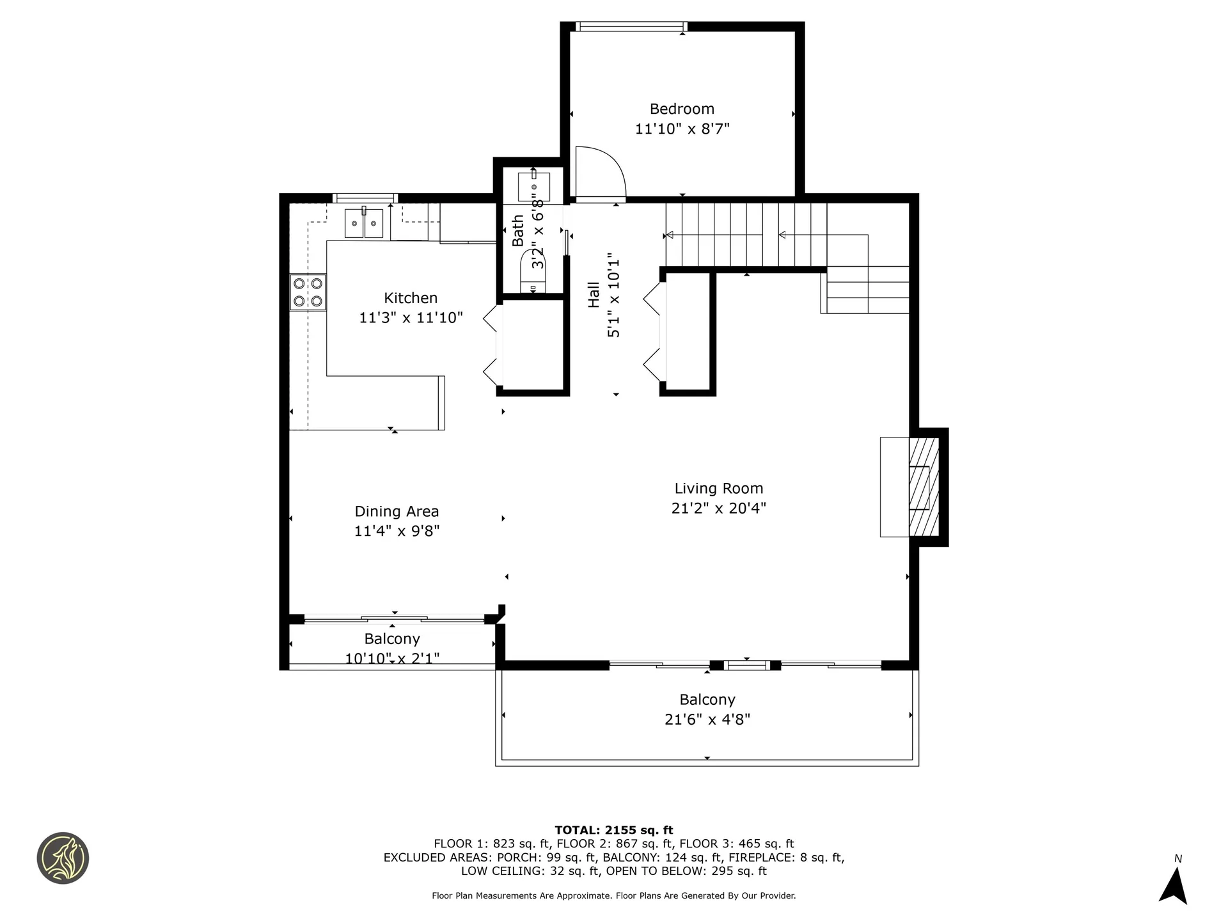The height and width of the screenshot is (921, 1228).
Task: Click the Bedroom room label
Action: [682, 109]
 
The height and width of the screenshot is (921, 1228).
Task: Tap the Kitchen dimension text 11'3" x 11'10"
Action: [411, 318]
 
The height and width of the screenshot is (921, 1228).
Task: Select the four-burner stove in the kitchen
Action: [308, 292]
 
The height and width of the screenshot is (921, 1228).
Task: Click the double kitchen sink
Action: [364, 224]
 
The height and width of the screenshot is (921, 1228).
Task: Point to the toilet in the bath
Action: [533, 272]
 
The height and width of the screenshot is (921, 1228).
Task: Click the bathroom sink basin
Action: [533, 186]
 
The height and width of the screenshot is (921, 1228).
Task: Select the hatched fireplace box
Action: [924, 487]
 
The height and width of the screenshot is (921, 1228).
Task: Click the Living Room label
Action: [719, 489]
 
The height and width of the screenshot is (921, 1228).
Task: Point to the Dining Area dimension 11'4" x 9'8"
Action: [397, 531]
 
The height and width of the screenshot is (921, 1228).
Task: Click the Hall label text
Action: [594, 295]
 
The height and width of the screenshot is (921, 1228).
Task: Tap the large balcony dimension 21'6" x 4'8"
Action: [707, 720]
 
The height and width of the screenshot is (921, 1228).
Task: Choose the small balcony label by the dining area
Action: [392, 639]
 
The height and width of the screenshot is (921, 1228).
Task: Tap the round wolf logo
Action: [63, 858]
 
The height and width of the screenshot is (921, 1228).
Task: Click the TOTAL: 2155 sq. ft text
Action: [614, 830]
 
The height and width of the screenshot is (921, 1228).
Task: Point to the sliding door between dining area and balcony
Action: [394, 618]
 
